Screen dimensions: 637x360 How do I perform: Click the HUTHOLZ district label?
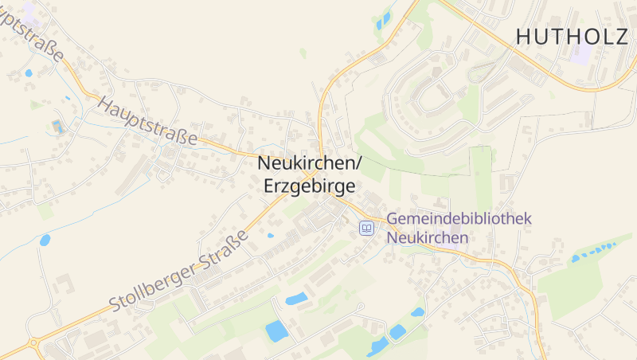tap(571, 36)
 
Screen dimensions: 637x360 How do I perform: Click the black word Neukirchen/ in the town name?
tap(310, 162)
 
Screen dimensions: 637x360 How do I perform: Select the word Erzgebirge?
tap(308, 186)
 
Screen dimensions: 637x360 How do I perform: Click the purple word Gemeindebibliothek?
tap(459, 219)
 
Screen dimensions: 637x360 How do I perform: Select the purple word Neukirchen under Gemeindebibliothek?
tap(427, 237)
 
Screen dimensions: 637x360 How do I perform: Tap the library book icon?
tap(366, 229)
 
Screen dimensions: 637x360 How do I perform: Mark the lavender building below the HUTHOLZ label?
tap(582, 53)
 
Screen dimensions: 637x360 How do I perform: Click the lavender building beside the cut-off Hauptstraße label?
tap(29, 11)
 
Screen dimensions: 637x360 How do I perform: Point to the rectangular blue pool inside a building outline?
tap(56, 125)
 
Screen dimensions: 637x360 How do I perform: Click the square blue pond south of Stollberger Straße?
tap(276, 331)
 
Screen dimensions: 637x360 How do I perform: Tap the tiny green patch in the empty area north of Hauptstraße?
tap(303, 53)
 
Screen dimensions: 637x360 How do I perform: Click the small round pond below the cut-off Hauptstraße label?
tap(29, 72)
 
